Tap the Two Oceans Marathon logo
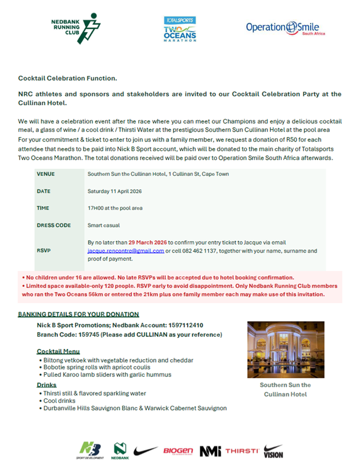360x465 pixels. click(179, 29)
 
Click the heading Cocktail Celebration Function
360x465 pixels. click(67, 78)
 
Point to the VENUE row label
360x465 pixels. click(46, 174)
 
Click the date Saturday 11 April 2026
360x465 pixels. click(114, 191)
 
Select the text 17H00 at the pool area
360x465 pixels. click(115, 208)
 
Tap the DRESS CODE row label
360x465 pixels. click(54, 225)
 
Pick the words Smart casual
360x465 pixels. click(105, 225)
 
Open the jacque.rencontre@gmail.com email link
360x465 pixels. click(125, 251)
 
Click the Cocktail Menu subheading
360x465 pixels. click(58, 352)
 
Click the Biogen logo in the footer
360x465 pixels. click(178, 450)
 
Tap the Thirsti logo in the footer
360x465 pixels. click(241, 450)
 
